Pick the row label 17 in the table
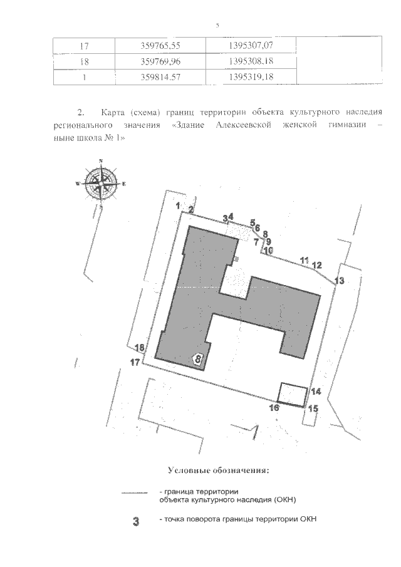[84, 46]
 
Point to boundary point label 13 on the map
[340, 281]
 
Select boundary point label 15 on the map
[314, 408]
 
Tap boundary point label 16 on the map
[273, 407]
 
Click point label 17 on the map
[135, 362]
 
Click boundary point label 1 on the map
[178, 205]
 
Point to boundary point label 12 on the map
[317, 265]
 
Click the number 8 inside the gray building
[198, 359]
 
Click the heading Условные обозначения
[218, 470]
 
